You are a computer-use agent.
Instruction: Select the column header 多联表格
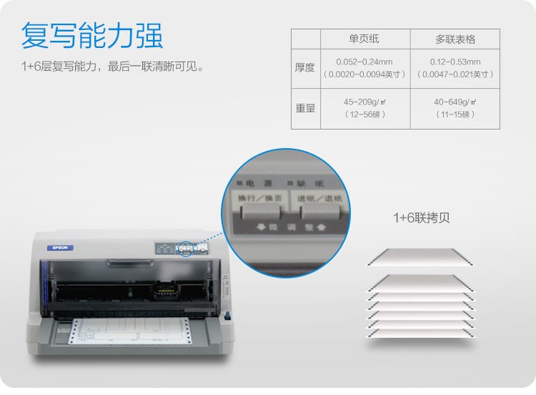click(x=455, y=39)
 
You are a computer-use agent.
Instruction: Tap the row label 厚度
click(x=305, y=68)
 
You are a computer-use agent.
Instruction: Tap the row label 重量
click(x=305, y=108)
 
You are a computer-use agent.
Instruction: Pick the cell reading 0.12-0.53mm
click(x=455, y=62)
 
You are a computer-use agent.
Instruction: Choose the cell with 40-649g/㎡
click(x=455, y=102)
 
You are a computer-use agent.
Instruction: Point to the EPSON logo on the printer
click(x=61, y=248)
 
